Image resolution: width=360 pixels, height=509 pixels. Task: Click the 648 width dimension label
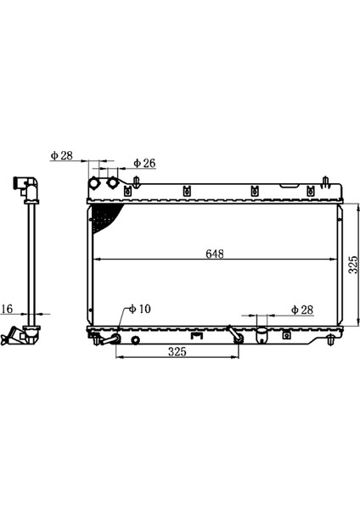pos(215,254)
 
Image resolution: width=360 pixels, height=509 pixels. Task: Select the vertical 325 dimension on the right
pos(353,265)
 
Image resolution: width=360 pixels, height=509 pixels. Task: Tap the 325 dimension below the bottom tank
pos(177,351)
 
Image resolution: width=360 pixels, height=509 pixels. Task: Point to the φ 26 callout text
pos(144,163)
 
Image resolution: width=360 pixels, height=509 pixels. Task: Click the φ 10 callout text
pos(140,309)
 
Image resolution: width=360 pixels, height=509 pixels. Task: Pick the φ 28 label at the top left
pos(62,155)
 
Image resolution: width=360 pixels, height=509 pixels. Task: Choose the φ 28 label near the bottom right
pos(302,310)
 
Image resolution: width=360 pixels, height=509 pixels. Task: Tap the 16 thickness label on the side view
pos(7,309)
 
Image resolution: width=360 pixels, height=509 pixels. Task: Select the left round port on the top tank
pos(94,183)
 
